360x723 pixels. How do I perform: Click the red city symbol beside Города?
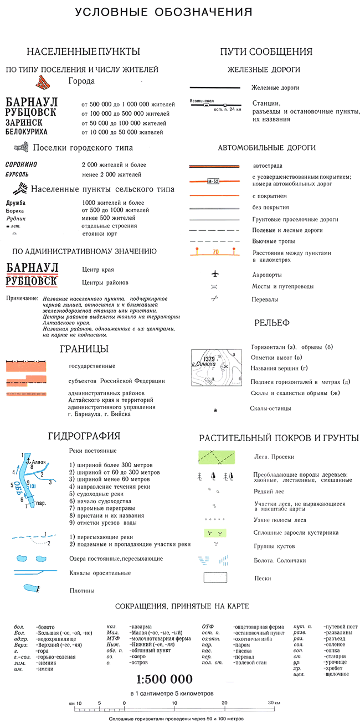[x=43, y=82]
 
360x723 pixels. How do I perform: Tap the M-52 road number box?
[x=213, y=181]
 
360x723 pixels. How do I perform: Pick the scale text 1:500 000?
[x=166, y=679]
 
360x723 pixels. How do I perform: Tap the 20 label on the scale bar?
[x=225, y=703]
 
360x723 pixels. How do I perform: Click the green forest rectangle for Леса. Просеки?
[x=218, y=457]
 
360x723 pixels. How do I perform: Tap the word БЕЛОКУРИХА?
[x=26, y=132]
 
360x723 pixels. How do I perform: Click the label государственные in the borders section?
[x=92, y=366]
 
